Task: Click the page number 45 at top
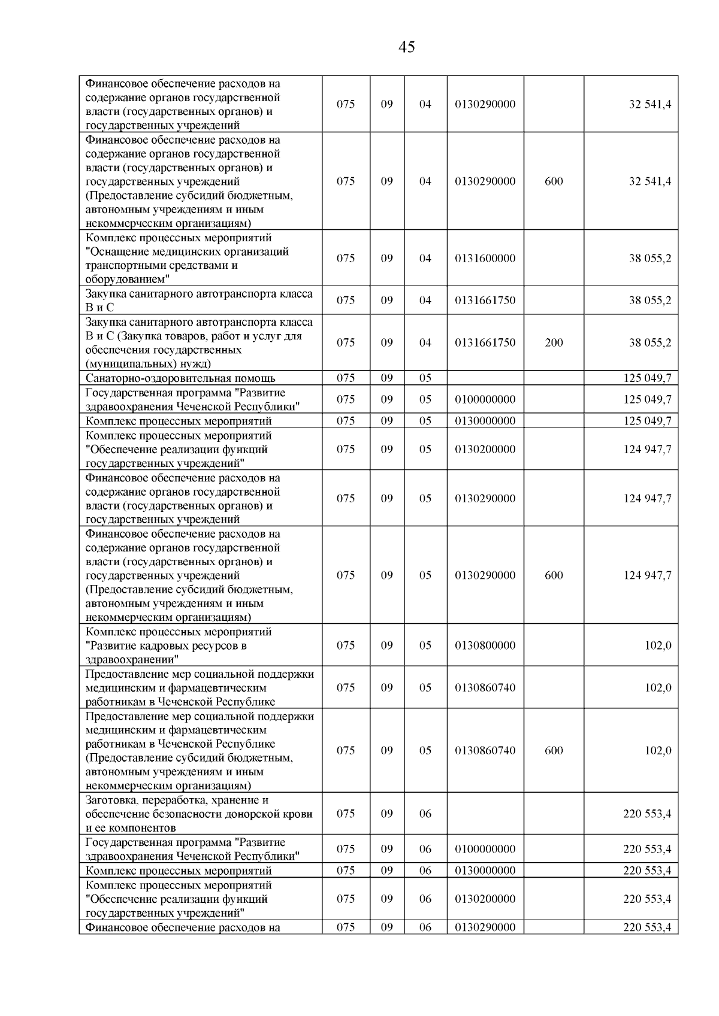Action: (x=406, y=47)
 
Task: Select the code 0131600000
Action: (x=485, y=259)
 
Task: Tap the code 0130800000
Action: (x=485, y=645)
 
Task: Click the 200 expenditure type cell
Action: (x=554, y=343)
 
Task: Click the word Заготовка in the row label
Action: (x=112, y=800)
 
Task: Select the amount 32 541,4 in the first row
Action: (x=649, y=104)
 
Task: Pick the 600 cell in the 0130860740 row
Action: (x=554, y=751)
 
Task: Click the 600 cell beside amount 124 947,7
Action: (x=554, y=575)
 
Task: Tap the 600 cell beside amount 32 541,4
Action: (x=554, y=181)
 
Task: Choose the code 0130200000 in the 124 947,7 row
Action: (x=485, y=450)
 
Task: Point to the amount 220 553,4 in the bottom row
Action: (x=647, y=927)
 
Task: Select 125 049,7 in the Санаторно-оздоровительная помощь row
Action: (x=647, y=378)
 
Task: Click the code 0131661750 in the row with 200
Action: (x=485, y=343)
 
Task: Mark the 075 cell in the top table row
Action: (x=346, y=104)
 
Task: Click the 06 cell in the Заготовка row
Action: (x=425, y=814)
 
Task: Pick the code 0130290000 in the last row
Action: (x=485, y=927)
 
